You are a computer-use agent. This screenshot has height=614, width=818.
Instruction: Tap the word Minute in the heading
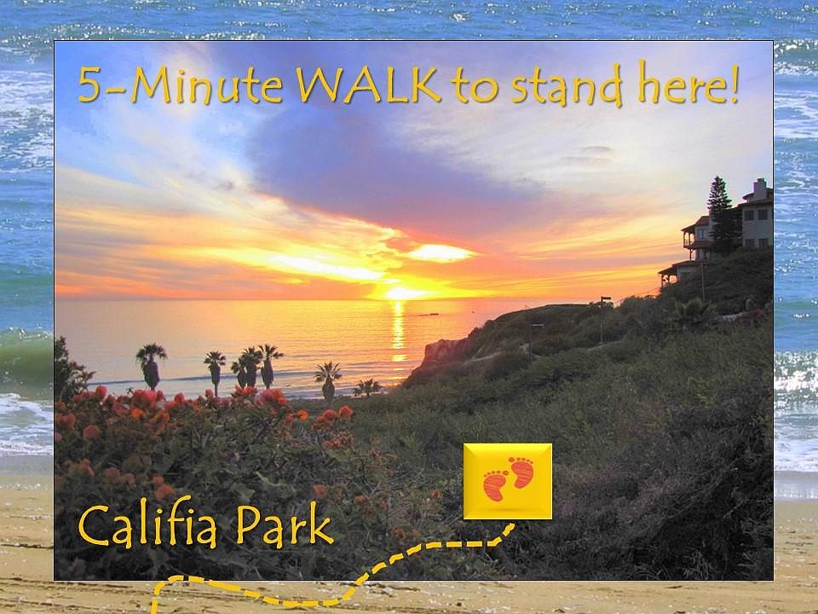(207, 85)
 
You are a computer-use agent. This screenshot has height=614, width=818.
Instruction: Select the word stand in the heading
(567, 84)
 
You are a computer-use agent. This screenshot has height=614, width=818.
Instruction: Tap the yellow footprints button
(508, 481)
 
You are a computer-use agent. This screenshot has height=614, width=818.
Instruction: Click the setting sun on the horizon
(400, 293)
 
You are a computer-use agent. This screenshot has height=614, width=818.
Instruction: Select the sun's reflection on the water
(399, 332)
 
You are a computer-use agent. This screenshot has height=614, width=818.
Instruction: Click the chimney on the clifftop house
(760, 188)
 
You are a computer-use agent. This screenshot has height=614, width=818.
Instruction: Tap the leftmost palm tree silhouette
(151, 366)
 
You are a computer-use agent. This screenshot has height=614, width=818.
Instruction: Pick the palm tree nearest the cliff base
(367, 387)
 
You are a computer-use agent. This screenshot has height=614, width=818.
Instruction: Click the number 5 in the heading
(89, 84)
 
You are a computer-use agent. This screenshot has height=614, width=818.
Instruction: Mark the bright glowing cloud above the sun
(440, 253)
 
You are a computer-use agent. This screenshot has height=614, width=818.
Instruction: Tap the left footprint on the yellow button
(495, 485)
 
